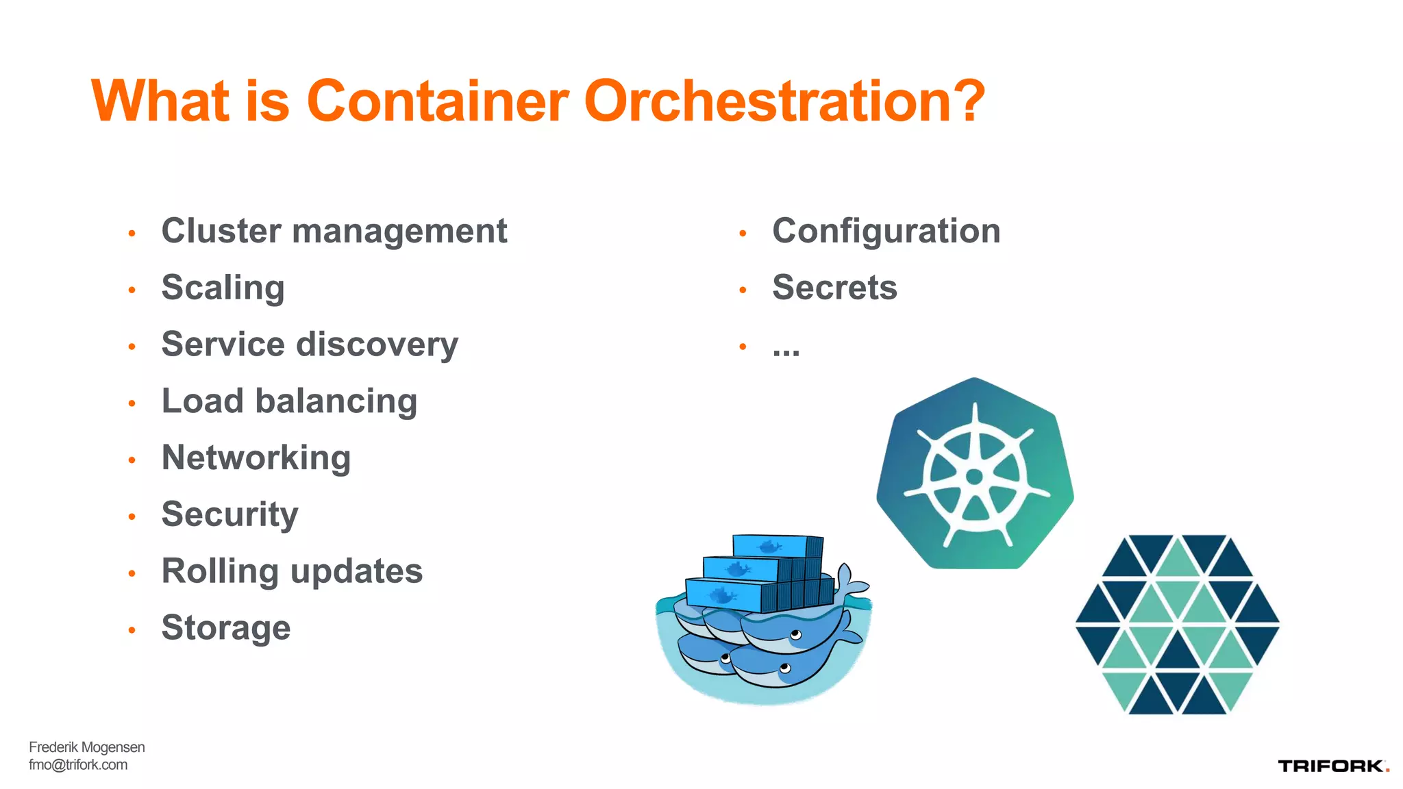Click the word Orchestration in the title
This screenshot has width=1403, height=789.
(784, 101)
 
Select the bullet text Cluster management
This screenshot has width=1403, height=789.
(334, 231)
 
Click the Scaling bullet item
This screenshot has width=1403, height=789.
(223, 288)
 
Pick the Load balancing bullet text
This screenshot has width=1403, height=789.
(289, 401)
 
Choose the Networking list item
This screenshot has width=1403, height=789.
(256, 458)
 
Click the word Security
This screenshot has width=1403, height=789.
(230, 514)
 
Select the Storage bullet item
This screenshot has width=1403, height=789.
(226, 628)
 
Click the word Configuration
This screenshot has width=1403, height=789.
(886, 231)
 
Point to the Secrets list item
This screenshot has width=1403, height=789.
(834, 288)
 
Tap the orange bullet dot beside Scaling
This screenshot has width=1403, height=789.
(132, 290)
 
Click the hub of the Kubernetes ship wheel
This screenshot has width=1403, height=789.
(974, 477)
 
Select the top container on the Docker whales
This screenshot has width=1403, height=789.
(778, 546)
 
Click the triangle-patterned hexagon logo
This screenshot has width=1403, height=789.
(1178, 625)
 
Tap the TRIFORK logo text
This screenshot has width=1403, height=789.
(1330, 766)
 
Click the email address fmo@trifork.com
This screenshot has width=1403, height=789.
(78, 765)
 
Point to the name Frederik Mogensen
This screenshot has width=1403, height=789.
(87, 747)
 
